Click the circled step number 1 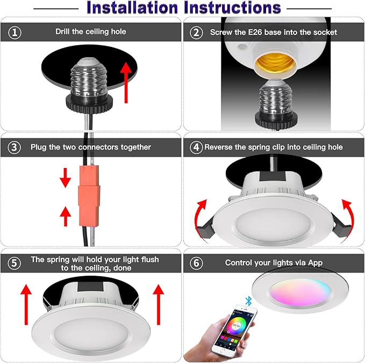pyautogui.click(x=15, y=32)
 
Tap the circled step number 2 pyautogui.click(x=197, y=32)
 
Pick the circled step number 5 pyautogui.click(x=15, y=263)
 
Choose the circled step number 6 pyautogui.click(x=197, y=263)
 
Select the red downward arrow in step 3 pyautogui.click(x=65, y=177)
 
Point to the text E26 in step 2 pyautogui.click(x=253, y=32)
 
